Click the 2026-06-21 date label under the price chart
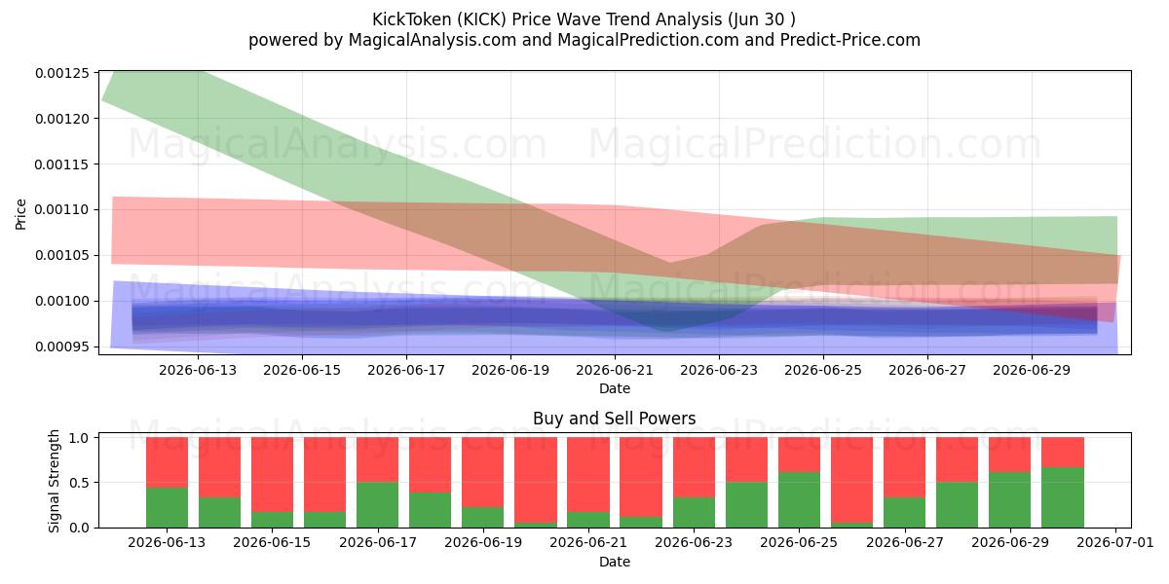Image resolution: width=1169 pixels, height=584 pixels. point(615,370)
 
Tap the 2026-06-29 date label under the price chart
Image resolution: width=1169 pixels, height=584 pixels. point(1032,370)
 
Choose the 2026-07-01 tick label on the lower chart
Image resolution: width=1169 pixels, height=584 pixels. point(1115,543)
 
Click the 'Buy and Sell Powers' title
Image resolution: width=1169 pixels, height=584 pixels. point(615,419)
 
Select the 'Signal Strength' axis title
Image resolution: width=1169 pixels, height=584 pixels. point(54,481)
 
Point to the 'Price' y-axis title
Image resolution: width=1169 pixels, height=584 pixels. point(20,214)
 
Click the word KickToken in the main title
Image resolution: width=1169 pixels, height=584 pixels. point(411,19)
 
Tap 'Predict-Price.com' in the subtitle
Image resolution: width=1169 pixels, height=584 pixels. point(850,40)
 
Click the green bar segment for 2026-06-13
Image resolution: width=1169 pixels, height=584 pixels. point(167,507)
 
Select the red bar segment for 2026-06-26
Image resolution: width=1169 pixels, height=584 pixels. point(851,480)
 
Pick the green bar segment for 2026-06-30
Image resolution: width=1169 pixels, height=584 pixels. point(1063,497)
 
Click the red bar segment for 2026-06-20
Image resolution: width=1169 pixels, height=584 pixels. point(536,480)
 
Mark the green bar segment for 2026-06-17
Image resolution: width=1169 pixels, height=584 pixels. point(377,505)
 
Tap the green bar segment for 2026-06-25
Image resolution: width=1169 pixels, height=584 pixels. point(799,500)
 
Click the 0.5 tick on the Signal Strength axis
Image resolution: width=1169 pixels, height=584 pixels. point(79,483)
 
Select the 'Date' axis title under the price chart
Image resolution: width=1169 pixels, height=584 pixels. point(615,388)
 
